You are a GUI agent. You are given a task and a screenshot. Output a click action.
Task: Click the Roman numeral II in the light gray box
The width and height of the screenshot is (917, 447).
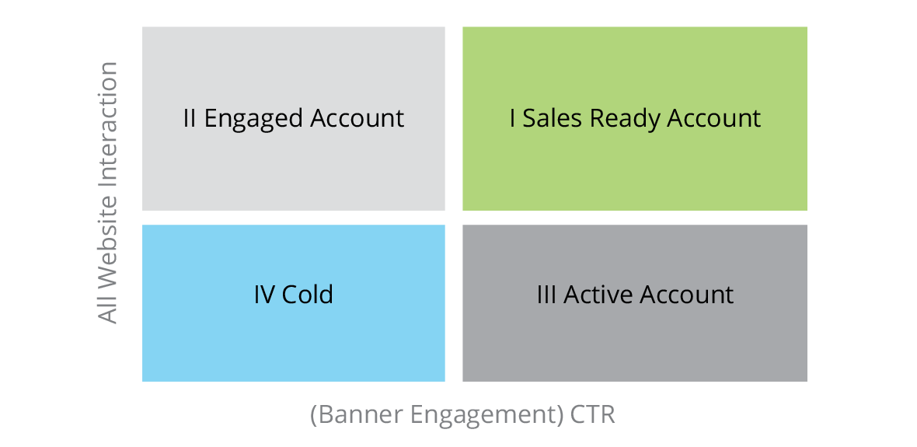190,118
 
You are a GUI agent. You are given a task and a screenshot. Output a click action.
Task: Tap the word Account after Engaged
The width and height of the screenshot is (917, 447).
357,118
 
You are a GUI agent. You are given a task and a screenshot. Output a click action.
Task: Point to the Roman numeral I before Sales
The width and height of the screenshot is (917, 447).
512,118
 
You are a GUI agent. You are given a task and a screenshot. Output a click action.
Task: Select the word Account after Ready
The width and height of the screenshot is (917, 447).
713,118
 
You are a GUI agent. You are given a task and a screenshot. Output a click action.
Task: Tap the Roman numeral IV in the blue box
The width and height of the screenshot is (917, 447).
264,295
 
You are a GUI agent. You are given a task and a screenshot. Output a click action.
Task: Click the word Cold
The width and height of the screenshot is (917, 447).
308,295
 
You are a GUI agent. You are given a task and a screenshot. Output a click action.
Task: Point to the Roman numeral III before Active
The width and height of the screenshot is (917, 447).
547,295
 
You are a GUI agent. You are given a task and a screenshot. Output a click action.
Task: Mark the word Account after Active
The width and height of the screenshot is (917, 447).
686,295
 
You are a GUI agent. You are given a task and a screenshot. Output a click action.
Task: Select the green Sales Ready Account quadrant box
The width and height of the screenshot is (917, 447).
635,118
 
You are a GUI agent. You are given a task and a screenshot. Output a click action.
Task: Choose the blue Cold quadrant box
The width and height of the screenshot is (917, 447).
293,303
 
